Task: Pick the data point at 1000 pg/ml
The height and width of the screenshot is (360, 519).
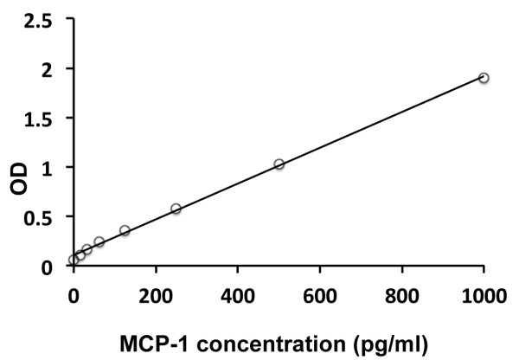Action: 484,78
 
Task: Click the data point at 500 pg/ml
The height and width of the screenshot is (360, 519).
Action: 279,164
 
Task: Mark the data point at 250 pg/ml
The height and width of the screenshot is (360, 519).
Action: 176,209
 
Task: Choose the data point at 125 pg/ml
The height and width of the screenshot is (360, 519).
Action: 125,231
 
